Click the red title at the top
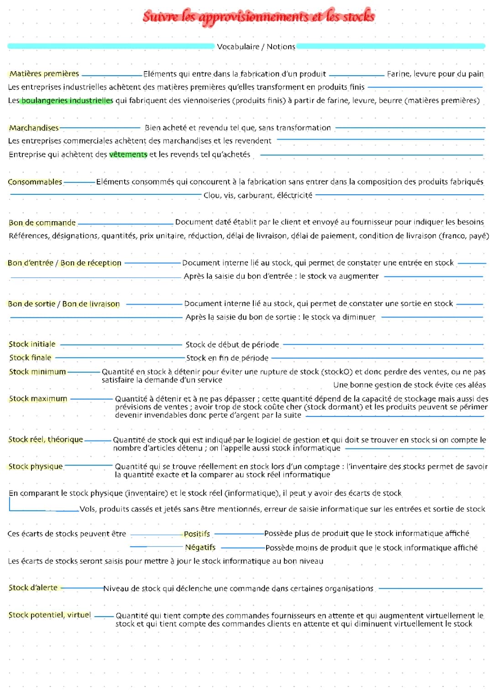[258, 16]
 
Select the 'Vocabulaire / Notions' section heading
[256, 47]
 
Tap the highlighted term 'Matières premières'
[44, 74]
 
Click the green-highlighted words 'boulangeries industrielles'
[67, 100]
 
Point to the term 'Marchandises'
[34, 128]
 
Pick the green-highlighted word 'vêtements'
[128, 155]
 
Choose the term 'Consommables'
[35, 182]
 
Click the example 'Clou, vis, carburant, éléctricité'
[258, 195]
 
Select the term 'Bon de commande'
[42, 223]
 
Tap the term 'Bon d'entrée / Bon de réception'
[64, 263]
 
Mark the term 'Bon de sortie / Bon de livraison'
[64, 304]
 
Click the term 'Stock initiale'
[32, 344]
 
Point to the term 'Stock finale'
[30, 358]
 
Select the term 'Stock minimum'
[37, 372]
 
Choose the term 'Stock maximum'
[38, 399]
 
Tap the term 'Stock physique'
[36, 467]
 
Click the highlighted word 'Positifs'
[197, 534]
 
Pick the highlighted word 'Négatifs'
[200, 547]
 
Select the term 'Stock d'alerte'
[33, 588]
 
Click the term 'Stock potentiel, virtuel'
[49, 615]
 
